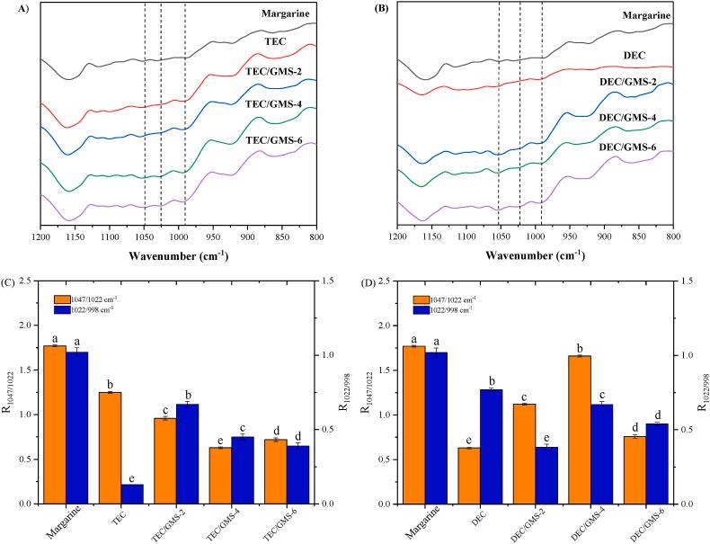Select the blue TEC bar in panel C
pyautogui.click(x=131, y=494)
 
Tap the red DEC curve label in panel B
pyautogui.click(x=635, y=55)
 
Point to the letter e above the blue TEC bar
pyautogui.click(x=131, y=477)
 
